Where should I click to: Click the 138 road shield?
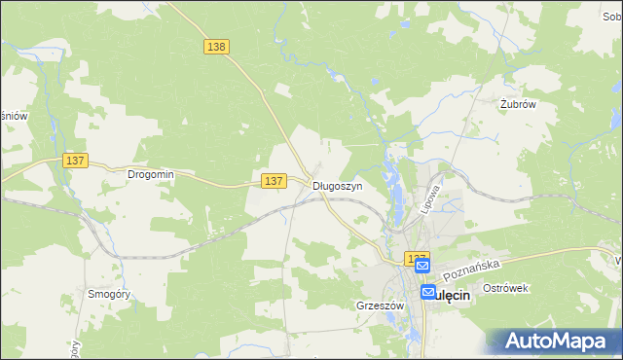[x=216, y=46]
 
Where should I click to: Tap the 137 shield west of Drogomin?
[x=75, y=161]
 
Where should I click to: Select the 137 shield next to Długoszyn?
[x=274, y=181]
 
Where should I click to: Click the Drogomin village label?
[x=150, y=175]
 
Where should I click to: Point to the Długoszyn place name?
[x=338, y=185]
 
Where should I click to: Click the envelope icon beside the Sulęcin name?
[x=429, y=292]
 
